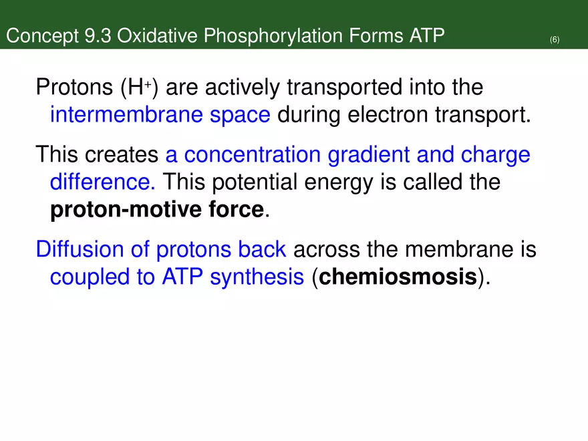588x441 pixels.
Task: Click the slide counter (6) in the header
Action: tap(555, 40)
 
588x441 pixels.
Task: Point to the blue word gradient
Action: tap(366, 155)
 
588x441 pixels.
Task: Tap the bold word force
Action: tap(235, 210)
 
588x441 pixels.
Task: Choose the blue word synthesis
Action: tap(257, 277)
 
